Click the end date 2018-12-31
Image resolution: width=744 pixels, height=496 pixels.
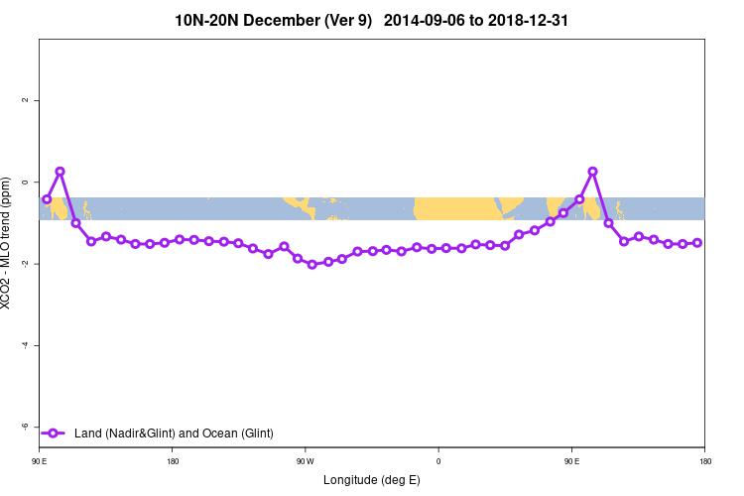click(x=528, y=20)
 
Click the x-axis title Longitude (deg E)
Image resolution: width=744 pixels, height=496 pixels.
click(x=372, y=480)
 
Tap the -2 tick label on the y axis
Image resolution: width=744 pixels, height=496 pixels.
click(x=27, y=264)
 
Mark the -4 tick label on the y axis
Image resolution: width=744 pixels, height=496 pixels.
click(x=27, y=345)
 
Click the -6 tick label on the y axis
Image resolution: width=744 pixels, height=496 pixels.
click(x=27, y=427)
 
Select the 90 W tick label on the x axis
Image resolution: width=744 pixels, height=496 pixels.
click(x=305, y=460)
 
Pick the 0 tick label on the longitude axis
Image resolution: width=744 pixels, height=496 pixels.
click(x=438, y=460)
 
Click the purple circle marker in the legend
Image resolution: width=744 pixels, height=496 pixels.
click(x=55, y=433)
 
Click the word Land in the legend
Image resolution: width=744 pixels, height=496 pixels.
click(x=87, y=433)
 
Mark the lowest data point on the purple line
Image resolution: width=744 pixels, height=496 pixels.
click(x=312, y=264)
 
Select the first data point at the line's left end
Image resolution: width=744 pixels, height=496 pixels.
click(x=47, y=199)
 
